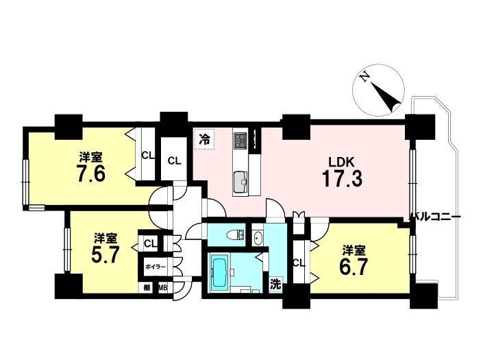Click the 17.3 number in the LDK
342,179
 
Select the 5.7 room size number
105,254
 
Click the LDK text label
342,162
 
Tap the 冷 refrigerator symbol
204,140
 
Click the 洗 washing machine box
275,285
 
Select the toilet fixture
236,236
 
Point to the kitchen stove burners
240,140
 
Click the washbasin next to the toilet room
258,238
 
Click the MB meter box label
163,288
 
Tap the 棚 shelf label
147,288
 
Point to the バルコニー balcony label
435,217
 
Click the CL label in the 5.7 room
150,243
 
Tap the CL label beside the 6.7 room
299,263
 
